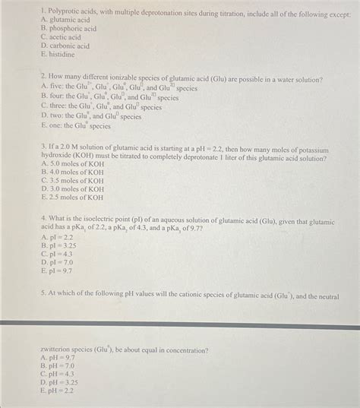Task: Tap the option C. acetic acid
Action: [x=62, y=37]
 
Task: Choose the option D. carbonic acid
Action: [x=65, y=46]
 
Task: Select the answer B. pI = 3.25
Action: [x=60, y=245]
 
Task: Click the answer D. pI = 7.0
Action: [x=58, y=262]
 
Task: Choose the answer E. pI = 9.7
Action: [x=58, y=270]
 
